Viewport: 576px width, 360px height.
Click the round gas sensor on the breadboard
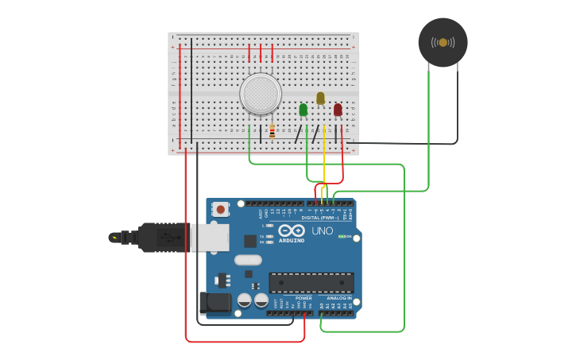pos(260,94)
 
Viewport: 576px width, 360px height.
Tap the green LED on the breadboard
pos(303,110)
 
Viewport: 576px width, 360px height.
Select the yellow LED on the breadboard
pos(320,98)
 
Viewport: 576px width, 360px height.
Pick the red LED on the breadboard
pos(338,110)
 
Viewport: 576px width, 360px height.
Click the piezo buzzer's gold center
pos(443,42)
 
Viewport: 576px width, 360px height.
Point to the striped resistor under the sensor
pos(273,131)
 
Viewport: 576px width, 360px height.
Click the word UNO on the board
pos(322,230)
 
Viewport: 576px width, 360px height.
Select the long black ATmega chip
pos(311,282)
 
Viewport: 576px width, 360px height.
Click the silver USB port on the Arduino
pos(209,237)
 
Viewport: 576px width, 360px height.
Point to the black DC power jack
pos(214,303)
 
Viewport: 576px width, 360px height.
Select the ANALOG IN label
pos(338,298)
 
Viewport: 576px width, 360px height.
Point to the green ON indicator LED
pos(342,236)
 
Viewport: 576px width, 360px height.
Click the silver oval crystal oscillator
pos(248,259)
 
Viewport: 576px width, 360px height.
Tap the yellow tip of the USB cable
pos(115,237)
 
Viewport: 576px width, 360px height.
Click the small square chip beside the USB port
pos(249,242)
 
